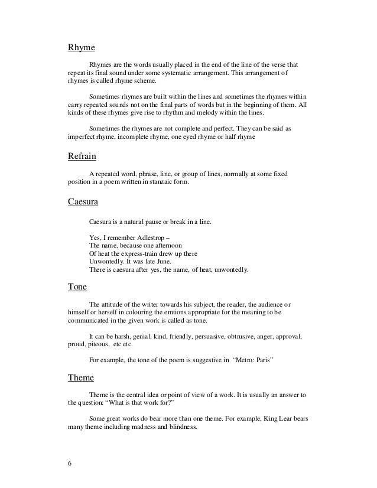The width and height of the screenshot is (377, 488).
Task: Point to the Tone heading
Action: pos(78,288)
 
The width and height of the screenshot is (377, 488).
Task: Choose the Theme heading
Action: pos(82,378)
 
